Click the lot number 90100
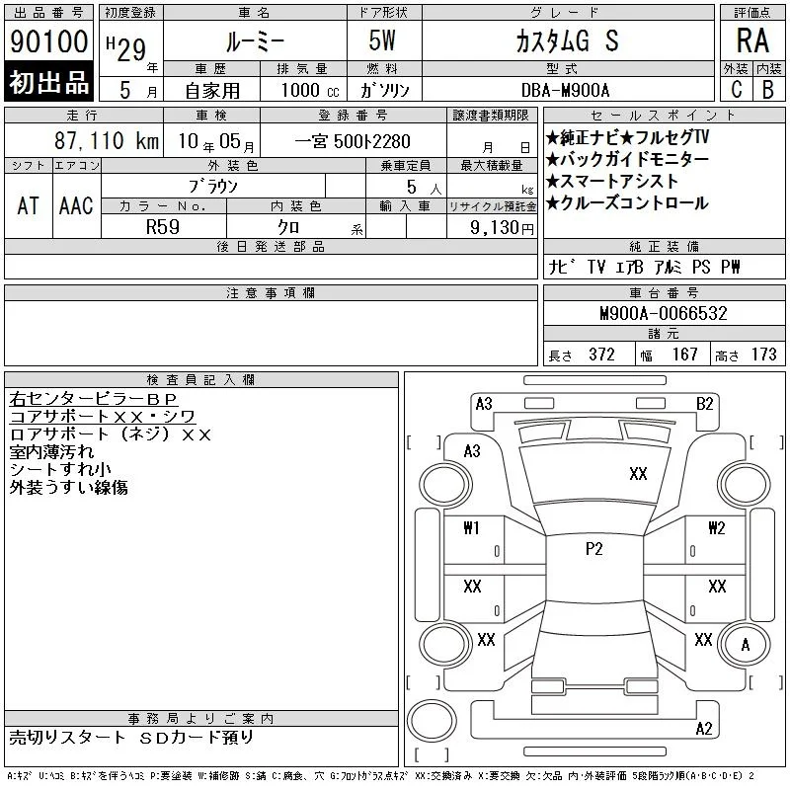48,41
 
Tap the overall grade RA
752,40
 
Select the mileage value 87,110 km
107,140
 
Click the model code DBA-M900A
565,90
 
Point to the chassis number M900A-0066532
664,313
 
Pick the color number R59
163,227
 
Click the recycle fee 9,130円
502,228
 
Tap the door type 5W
382,40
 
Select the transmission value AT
28,205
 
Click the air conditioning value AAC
76,205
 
